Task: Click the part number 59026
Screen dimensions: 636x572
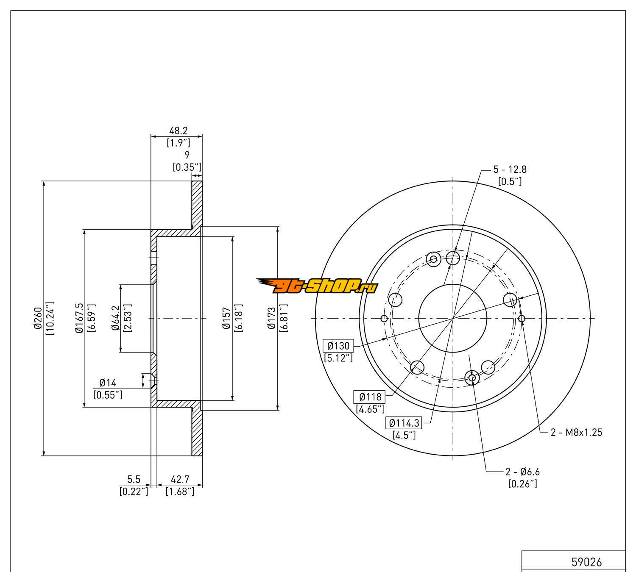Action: pyautogui.click(x=586, y=562)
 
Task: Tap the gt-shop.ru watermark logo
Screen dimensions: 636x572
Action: pyautogui.click(x=317, y=286)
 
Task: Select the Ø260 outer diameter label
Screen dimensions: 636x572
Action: pyautogui.click(x=38, y=318)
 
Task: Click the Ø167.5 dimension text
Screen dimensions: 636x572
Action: pyautogui.click(x=79, y=318)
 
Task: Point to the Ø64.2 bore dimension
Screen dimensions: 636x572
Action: pyautogui.click(x=116, y=318)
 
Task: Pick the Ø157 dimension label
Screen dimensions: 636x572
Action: pyautogui.click(x=226, y=318)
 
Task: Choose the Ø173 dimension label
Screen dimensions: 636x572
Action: pyautogui.click(x=272, y=318)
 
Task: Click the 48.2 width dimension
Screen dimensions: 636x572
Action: pyautogui.click(x=178, y=131)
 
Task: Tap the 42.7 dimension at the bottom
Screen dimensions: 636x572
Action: pyautogui.click(x=180, y=479)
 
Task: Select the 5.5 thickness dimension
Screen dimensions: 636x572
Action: pyautogui.click(x=134, y=479)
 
